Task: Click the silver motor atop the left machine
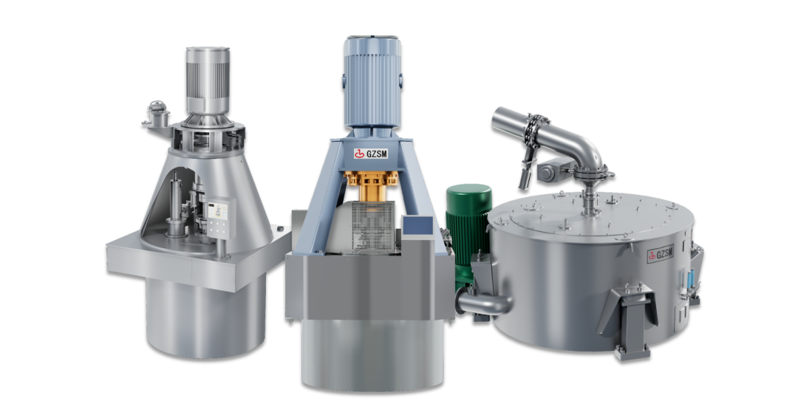coord(207,80)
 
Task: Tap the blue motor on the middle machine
coord(372,81)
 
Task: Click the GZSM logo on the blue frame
coord(371,152)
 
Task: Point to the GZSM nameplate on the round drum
coord(661,254)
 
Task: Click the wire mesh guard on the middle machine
coord(374,224)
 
